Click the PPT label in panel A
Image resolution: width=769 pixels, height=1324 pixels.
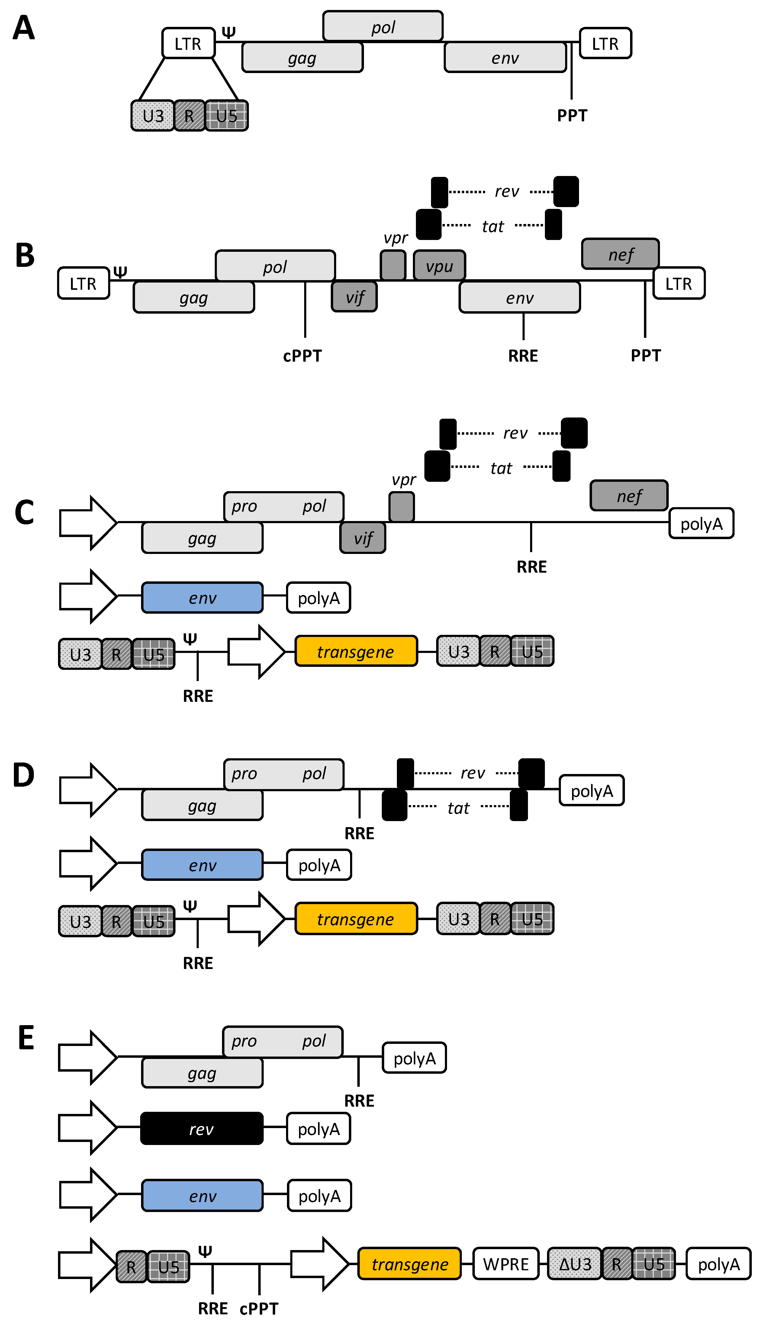572,115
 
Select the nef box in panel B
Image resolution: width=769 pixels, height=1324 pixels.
620,254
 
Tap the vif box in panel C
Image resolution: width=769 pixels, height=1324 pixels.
363,538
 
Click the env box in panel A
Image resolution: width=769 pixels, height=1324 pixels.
505,57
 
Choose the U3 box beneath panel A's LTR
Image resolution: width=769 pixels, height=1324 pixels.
153,116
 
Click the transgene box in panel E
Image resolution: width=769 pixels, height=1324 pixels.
410,1264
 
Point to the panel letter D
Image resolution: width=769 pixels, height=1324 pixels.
24,776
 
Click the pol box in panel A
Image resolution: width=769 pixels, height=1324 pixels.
383,26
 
